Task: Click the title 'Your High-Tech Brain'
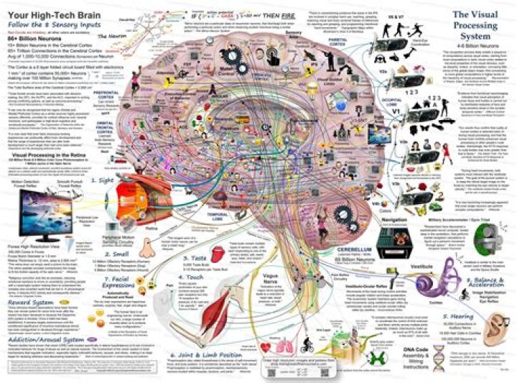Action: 46,11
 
